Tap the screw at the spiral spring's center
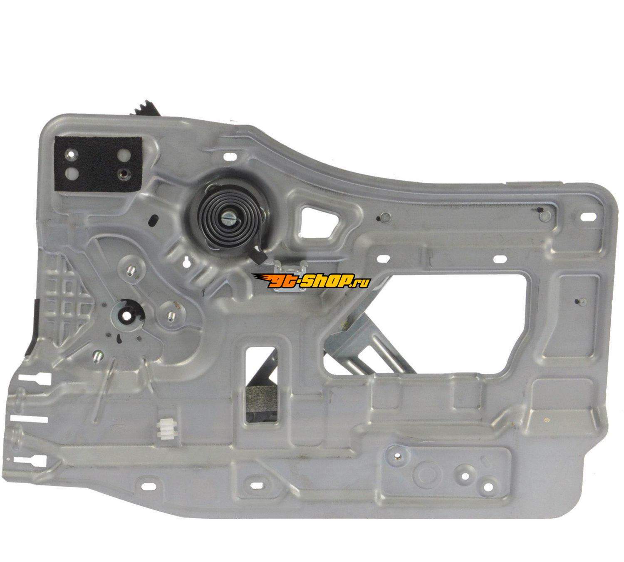229,218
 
